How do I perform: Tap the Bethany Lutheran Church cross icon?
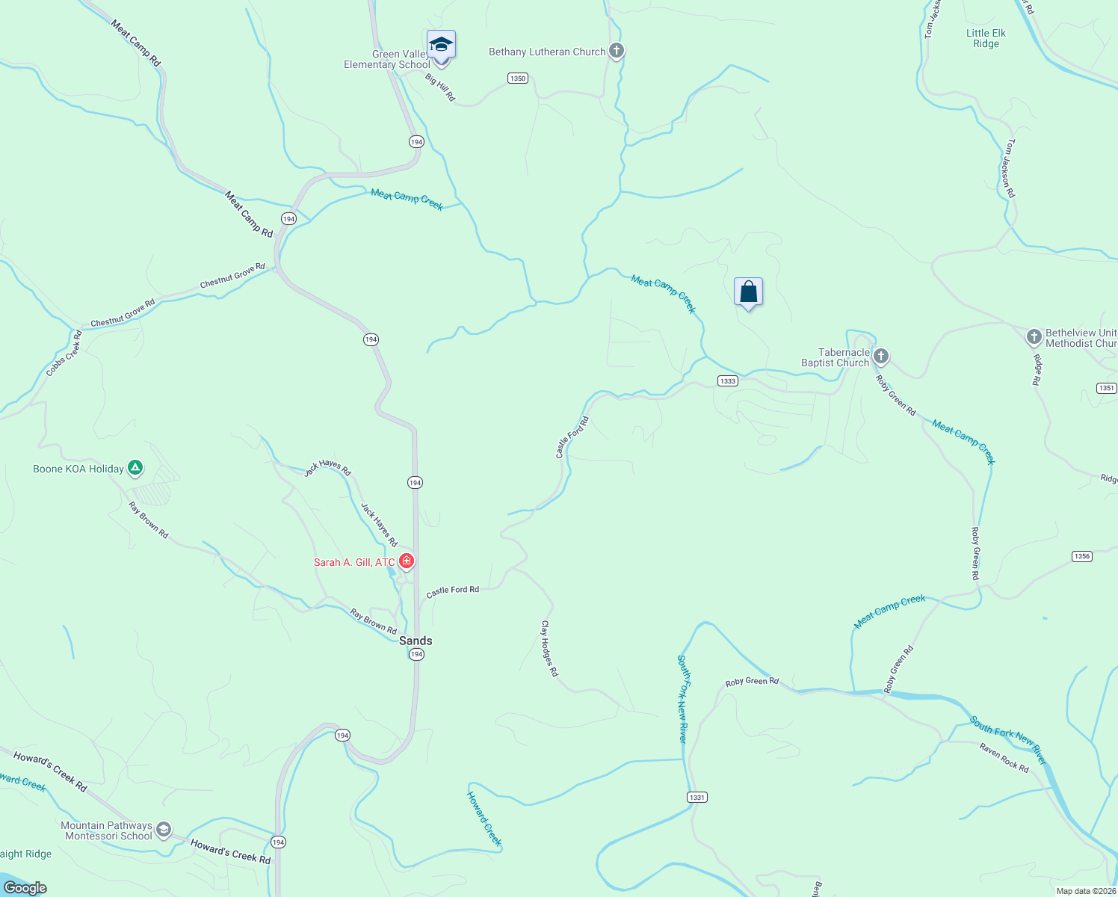pos(617,52)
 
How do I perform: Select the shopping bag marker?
pos(748,292)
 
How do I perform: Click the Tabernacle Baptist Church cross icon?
pos(881,357)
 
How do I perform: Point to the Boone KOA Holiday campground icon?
pos(135,469)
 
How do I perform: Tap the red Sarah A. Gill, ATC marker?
pos(407,561)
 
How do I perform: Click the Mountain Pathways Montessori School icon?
pos(164,830)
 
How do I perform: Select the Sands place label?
pos(416,641)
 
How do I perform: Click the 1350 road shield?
pos(517,78)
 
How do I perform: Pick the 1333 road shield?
pos(727,381)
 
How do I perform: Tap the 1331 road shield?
pos(697,798)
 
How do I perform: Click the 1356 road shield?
pos(1081,556)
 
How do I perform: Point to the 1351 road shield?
pos(1107,388)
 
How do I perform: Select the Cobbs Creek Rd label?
pos(64,354)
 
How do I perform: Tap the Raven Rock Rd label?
pos(1004,758)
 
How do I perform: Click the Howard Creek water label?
pos(484,818)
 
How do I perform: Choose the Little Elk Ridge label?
pos(986,38)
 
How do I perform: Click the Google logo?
pos(25,887)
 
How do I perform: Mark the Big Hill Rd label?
pos(440,87)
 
